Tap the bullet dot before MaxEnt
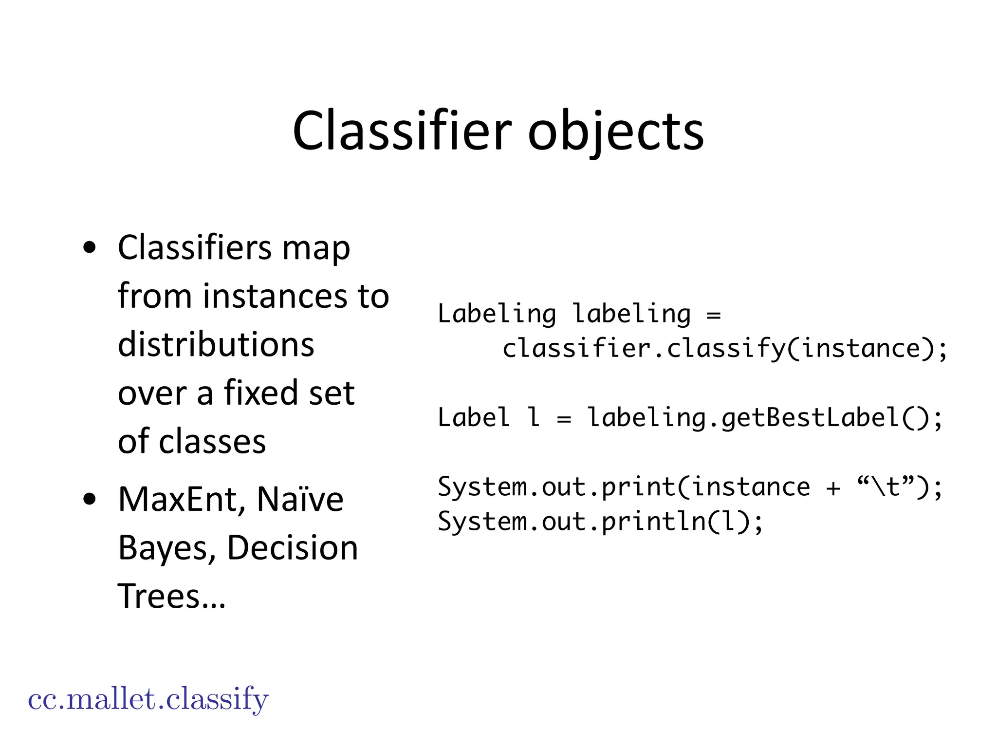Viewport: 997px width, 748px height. [x=90, y=500]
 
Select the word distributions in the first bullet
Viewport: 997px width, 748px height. [x=216, y=344]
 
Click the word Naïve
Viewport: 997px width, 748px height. [x=300, y=500]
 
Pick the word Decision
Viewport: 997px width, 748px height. [x=293, y=548]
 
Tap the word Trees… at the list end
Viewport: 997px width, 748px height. [x=172, y=596]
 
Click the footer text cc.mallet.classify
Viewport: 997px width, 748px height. [x=148, y=699]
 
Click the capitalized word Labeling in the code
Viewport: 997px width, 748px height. [x=497, y=314]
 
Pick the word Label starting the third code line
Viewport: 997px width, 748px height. [x=473, y=418]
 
